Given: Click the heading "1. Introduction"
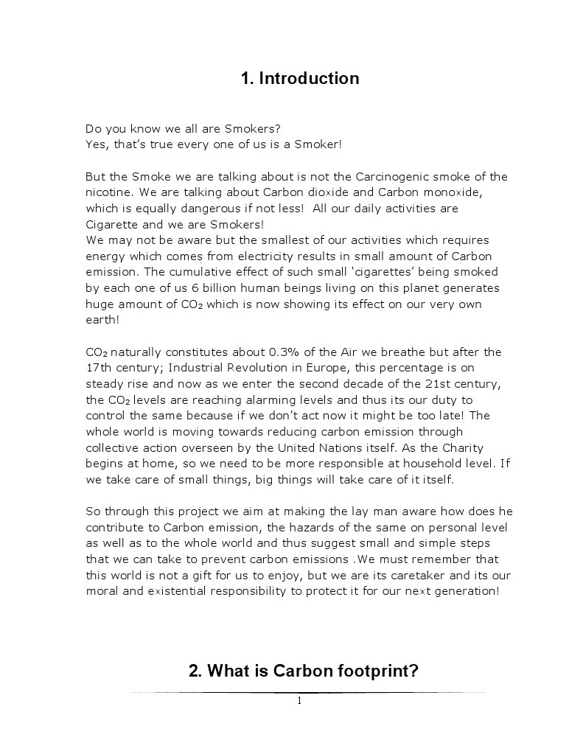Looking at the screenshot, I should click(300, 78).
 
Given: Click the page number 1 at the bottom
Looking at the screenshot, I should click(299, 701).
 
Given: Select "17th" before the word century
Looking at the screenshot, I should click(99, 368).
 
